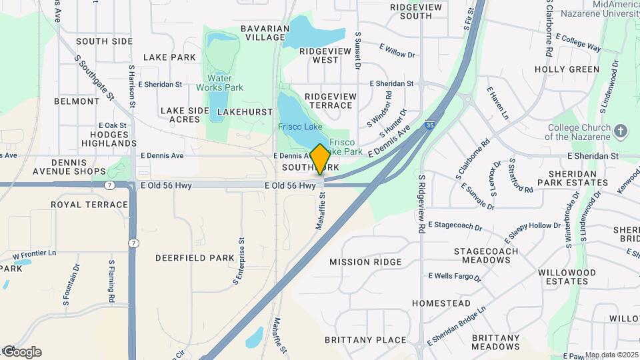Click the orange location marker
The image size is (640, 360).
320,159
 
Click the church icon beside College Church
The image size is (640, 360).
621,131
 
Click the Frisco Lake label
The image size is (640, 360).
300,127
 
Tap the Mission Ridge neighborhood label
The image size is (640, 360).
365,262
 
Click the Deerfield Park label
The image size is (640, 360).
194,257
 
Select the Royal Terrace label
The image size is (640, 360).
89,205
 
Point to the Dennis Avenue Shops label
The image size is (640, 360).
70,167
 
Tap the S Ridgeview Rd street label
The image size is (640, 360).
422,203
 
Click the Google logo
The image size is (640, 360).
21,352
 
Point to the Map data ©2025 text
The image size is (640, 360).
611,355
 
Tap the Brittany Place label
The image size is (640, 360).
365,340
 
